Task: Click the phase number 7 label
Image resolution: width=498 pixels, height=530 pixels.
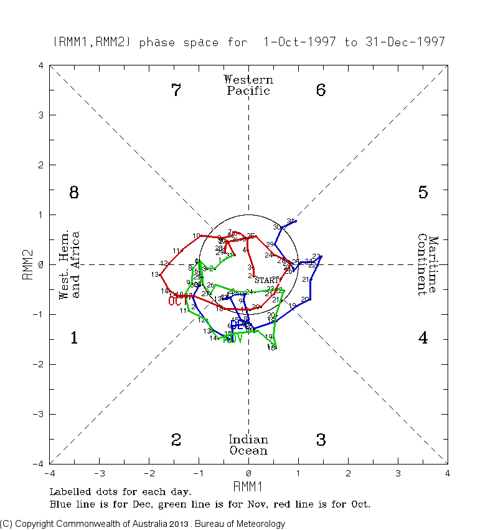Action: [x=176, y=90]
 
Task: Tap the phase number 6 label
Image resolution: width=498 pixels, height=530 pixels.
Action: [x=321, y=90]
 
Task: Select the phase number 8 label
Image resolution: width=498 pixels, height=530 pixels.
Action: [x=73, y=193]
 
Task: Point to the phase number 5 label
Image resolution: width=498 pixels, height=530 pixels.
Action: [x=423, y=193]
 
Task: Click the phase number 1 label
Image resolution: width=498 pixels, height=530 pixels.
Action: [x=73, y=339]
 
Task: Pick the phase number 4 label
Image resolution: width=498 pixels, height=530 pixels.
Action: [x=423, y=339]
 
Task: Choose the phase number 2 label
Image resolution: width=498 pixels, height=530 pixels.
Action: [x=176, y=440]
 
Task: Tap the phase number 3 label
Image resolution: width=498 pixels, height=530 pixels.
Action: [x=321, y=440]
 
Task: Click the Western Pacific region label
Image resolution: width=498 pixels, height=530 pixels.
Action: [x=248, y=85]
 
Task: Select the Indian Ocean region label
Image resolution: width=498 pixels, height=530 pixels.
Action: [x=248, y=445]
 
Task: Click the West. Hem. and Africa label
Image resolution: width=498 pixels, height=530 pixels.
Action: [x=70, y=264]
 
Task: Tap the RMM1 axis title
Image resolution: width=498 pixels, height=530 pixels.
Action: [x=248, y=486]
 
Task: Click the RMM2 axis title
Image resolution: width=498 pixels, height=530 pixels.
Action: [x=28, y=264]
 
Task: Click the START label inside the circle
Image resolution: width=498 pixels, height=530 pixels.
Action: [x=267, y=281]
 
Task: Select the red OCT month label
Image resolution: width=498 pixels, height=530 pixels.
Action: [x=177, y=301]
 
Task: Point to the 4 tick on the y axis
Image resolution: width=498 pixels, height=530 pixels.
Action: [x=40, y=65]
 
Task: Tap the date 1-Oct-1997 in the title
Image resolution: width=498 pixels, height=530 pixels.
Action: [x=300, y=42]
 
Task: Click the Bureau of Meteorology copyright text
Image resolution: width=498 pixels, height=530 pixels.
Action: [x=143, y=524]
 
